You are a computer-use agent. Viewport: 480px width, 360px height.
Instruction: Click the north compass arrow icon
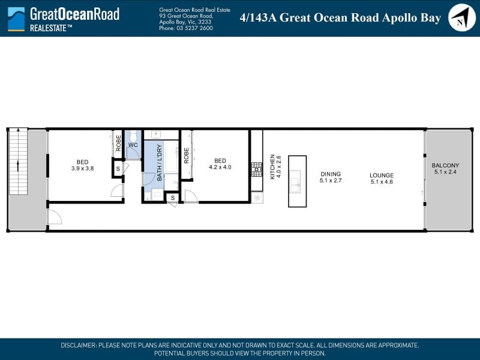tap(461, 17)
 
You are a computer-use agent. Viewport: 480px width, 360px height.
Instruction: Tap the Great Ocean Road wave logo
tap(16, 19)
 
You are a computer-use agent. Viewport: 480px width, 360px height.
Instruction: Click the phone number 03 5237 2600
tap(194, 28)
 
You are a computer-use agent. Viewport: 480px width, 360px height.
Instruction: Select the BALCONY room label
tap(445, 166)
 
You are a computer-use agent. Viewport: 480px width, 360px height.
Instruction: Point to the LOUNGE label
tap(382, 175)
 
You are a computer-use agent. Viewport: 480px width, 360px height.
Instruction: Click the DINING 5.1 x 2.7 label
tap(331, 177)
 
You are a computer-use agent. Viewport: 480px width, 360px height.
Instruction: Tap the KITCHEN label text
tap(272, 167)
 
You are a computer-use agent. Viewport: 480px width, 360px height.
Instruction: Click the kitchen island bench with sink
tap(297, 181)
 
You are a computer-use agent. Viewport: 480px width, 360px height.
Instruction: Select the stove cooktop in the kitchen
tap(257, 169)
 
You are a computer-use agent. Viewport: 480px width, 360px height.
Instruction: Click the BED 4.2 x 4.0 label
tap(220, 164)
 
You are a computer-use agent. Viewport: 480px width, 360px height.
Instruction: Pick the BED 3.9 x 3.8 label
tap(82, 165)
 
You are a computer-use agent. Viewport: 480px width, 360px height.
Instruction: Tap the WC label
tap(133, 145)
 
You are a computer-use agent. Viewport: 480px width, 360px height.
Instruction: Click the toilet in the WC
tap(133, 136)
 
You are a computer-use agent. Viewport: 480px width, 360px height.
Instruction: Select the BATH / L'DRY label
tap(159, 163)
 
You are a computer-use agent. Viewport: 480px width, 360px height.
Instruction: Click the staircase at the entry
tap(19, 161)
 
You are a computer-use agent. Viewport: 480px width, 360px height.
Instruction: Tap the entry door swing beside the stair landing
tap(55, 217)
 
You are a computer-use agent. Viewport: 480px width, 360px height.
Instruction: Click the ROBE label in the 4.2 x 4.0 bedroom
tap(187, 155)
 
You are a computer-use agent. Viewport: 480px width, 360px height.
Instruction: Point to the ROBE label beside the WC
tap(118, 143)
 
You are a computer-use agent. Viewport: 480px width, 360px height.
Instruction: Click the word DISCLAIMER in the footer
tap(79, 346)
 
